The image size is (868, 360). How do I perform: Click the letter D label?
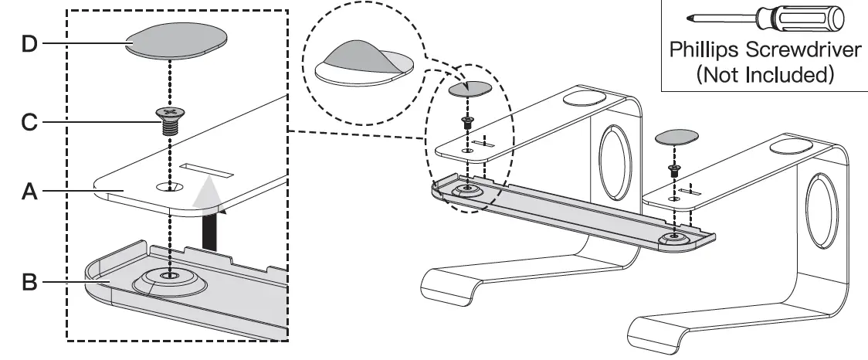tap(29, 44)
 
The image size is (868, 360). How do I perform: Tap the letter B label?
tap(29, 283)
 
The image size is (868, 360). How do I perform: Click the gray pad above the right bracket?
tap(676, 136)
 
